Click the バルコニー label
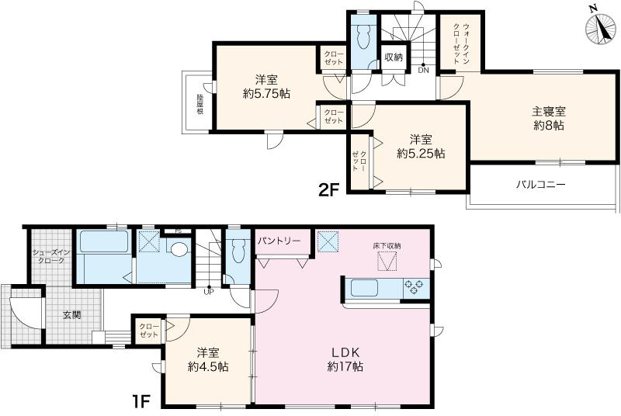coord(541,185)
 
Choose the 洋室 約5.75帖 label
coord(265,86)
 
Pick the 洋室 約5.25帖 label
coord(421,147)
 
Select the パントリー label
coord(279,241)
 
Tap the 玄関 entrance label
coord(72,315)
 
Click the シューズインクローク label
coord(49,257)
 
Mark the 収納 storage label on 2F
coord(393,57)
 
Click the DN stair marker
coord(423,71)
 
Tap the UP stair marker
coord(208,292)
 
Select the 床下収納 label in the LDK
coord(386,246)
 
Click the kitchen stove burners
coord(415,288)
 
